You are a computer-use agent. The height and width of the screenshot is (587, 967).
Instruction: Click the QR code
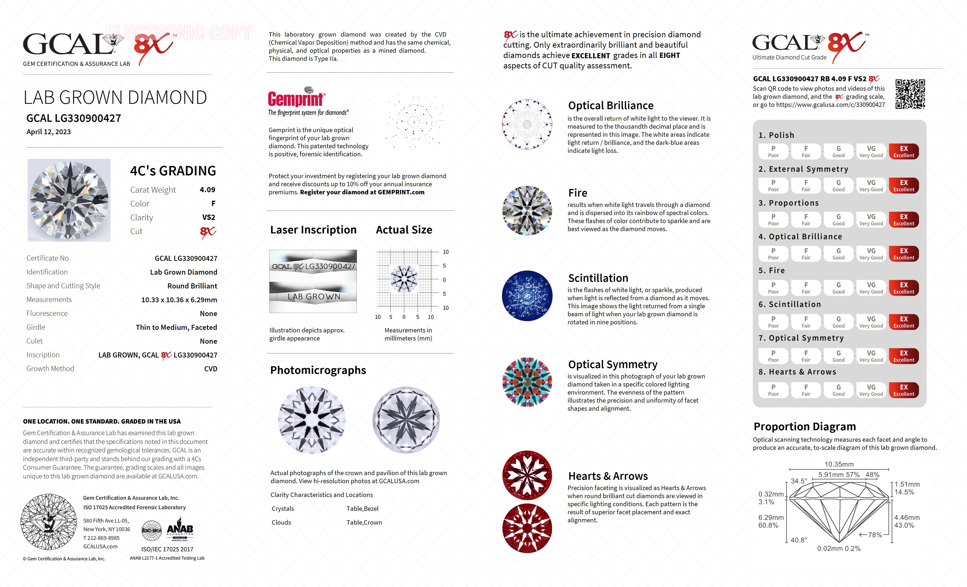tap(910, 94)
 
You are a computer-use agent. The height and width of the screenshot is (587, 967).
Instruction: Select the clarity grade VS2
tap(208, 217)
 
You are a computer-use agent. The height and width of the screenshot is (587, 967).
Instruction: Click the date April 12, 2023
tap(49, 132)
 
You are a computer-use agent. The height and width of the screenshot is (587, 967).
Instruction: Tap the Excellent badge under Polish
tap(903, 151)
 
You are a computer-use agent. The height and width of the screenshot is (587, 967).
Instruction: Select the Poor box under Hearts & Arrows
tap(773, 390)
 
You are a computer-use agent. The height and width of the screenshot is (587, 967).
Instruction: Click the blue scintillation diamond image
tap(527, 296)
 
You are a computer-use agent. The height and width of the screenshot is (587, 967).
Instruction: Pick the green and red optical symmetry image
tap(527, 382)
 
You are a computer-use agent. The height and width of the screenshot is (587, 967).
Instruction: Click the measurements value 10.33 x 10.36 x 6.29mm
tap(179, 300)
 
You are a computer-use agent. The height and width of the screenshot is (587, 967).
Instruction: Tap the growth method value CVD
tap(210, 369)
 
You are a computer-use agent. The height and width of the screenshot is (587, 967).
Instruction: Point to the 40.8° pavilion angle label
tap(799, 540)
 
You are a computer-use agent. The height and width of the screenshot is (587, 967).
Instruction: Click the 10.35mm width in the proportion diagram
tap(839, 464)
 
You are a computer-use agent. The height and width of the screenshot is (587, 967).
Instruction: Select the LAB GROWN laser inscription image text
tap(314, 297)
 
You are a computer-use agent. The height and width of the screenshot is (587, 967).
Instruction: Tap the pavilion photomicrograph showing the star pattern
tap(406, 420)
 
